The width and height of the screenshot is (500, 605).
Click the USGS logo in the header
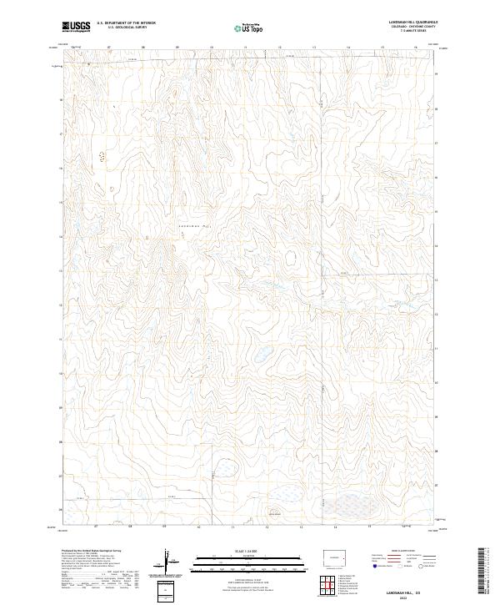point(77,27)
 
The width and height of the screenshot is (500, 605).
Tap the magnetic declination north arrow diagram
point(170,561)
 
